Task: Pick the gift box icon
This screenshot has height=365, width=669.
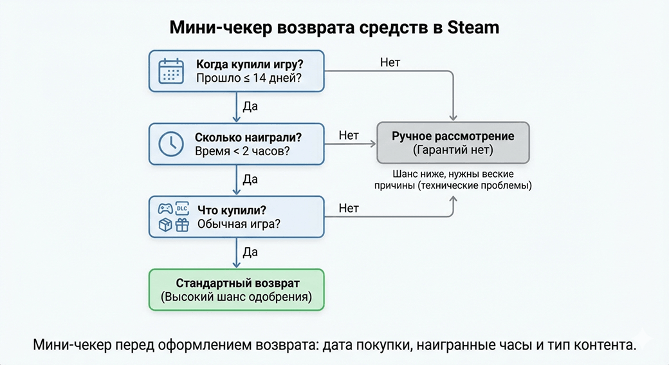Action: tap(181, 225)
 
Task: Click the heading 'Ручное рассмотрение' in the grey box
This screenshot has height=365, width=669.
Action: tap(453, 136)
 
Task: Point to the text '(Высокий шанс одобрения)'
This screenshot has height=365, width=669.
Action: tap(236, 297)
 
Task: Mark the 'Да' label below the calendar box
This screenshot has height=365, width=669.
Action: tap(250, 106)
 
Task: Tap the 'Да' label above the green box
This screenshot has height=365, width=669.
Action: tap(250, 251)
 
